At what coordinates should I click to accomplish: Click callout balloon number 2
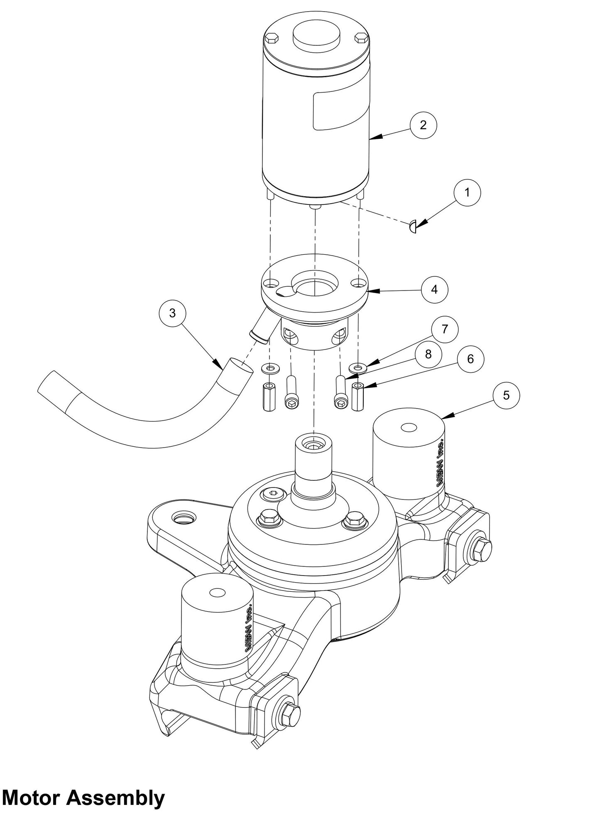[423, 125]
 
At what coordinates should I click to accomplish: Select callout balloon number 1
[467, 193]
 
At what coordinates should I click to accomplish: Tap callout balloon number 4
[434, 289]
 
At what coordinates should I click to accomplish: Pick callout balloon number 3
[173, 313]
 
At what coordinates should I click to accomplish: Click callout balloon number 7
[445, 330]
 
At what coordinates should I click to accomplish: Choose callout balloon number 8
[428, 354]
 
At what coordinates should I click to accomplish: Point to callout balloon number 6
[470, 359]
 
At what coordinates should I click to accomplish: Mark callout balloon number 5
[506, 395]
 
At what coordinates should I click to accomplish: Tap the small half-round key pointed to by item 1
[413, 227]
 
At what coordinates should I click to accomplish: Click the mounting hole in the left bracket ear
[184, 518]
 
